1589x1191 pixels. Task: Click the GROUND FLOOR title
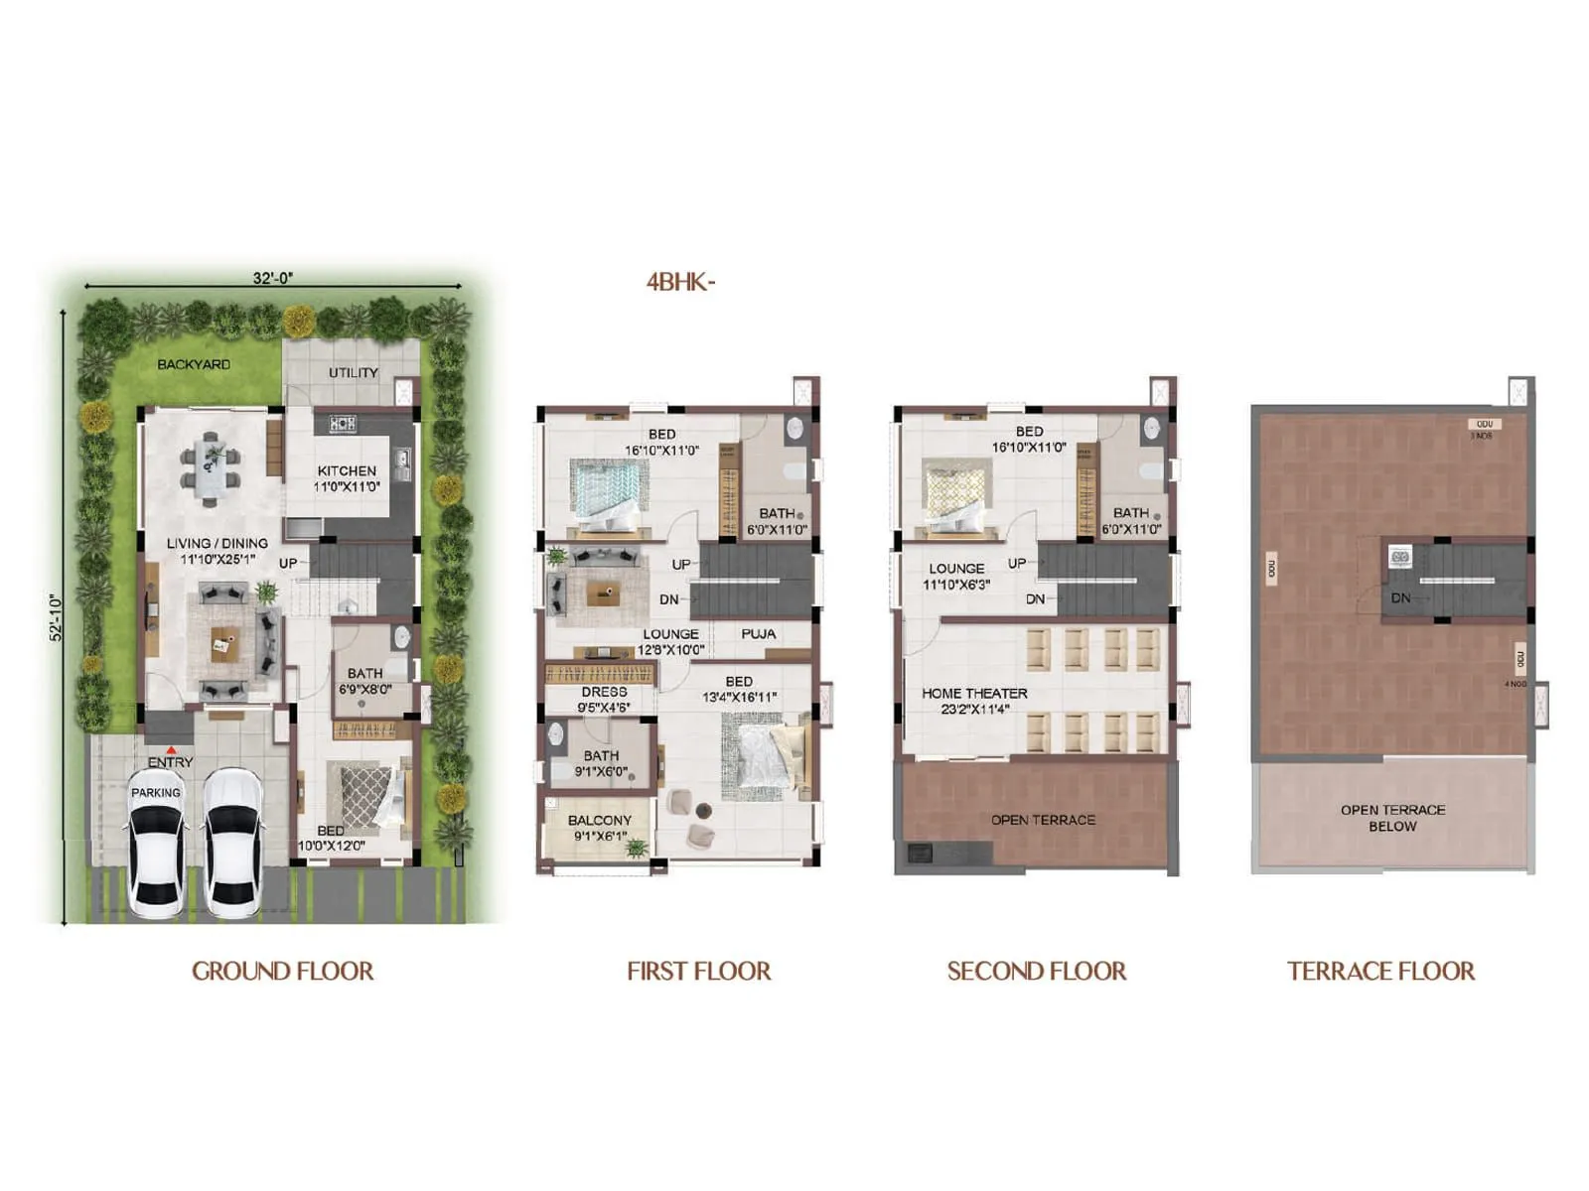(282, 971)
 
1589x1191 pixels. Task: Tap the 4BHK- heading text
(680, 282)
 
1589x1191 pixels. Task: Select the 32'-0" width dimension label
(272, 278)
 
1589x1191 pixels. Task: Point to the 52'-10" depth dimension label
(57, 617)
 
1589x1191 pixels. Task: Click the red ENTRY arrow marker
(172, 750)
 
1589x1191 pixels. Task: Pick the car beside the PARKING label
(157, 844)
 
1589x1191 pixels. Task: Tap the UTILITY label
(354, 372)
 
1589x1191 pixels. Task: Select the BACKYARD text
(194, 364)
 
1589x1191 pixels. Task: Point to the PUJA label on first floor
(759, 633)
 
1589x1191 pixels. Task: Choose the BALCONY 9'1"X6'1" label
(599, 828)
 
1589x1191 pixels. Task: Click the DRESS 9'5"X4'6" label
(604, 699)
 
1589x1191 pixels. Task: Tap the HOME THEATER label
(974, 701)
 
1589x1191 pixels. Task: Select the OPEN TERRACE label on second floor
(1043, 820)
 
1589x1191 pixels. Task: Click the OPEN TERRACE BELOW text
(1392, 818)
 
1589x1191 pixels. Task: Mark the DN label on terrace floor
(1400, 597)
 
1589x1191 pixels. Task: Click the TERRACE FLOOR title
(1380, 971)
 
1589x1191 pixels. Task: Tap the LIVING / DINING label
(217, 551)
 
